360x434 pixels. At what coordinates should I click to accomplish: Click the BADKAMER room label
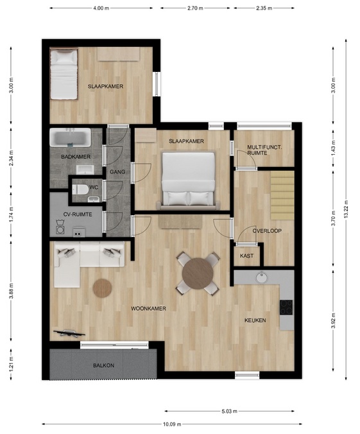click(76, 157)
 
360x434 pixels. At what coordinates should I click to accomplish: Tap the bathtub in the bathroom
click(71, 137)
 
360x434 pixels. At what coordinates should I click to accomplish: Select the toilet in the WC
click(80, 189)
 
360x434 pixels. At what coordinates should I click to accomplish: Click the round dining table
click(198, 273)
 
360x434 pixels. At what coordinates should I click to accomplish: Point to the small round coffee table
click(102, 288)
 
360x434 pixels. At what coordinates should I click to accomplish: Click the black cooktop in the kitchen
click(286, 308)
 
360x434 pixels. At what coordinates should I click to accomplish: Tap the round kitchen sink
click(261, 277)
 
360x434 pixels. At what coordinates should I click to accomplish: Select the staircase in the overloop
click(282, 195)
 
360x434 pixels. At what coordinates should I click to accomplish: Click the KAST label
click(246, 256)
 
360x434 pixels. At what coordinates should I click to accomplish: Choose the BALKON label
click(103, 365)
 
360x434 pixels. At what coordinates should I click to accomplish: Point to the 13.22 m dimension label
click(346, 209)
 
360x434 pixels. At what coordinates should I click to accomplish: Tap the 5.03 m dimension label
click(229, 412)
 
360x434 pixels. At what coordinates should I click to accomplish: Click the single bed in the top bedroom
click(64, 74)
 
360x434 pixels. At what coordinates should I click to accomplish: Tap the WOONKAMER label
click(148, 308)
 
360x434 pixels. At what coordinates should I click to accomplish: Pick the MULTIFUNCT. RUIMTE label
click(264, 150)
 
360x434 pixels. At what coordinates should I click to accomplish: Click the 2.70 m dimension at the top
click(195, 8)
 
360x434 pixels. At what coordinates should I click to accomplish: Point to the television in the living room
click(69, 333)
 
